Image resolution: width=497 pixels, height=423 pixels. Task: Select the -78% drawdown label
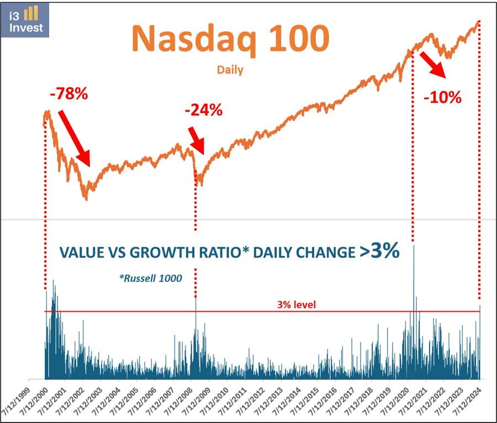68,94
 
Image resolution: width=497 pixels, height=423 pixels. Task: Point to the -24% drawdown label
203,110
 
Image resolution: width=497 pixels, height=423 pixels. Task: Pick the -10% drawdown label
442,98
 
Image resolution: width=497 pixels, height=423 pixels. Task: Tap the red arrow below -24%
196,140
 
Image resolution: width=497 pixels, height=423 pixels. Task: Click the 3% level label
297,304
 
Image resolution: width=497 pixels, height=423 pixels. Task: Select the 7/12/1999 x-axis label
19,400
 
